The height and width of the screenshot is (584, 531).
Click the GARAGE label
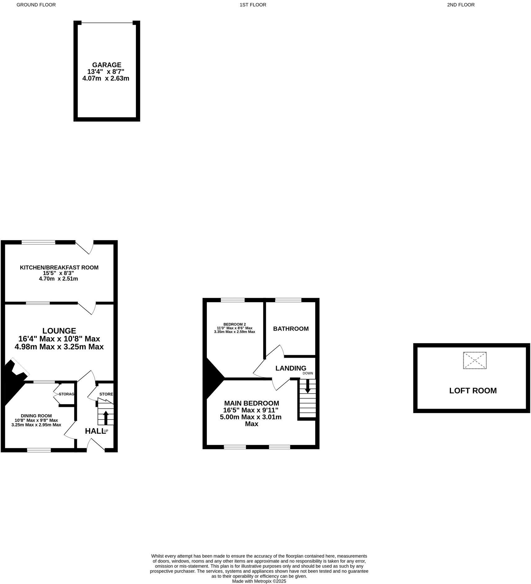pyautogui.click(x=106, y=65)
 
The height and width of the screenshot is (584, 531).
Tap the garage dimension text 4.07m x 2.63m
pyautogui.click(x=105, y=78)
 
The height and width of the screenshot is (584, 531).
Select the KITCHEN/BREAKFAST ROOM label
pyautogui.click(x=59, y=267)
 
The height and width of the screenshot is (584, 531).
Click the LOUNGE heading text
pyautogui.click(x=59, y=331)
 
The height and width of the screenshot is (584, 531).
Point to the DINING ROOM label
pyautogui.click(x=36, y=416)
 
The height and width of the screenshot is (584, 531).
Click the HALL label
pyautogui.click(x=94, y=431)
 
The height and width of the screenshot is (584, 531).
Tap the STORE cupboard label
pyautogui.click(x=106, y=394)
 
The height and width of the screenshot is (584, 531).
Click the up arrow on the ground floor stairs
pyautogui.click(x=105, y=417)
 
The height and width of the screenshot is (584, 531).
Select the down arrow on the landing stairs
pyautogui.click(x=307, y=386)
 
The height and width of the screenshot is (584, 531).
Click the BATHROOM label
pyautogui.click(x=291, y=329)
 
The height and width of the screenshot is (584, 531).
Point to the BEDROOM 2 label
pyautogui.click(x=234, y=324)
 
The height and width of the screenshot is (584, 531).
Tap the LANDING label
pyautogui.click(x=291, y=368)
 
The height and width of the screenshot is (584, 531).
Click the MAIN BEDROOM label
pyautogui.click(x=251, y=403)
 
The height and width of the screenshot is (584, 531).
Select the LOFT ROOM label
pyautogui.click(x=473, y=390)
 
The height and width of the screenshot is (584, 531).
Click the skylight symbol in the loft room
pyautogui.click(x=475, y=360)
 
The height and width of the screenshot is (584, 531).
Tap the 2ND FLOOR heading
pyautogui.click(x=461, y=5)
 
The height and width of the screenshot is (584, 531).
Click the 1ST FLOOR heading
pyautogui.click(x=253, y=5)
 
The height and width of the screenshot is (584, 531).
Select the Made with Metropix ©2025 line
pyautogui.click(x=259, y=581)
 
